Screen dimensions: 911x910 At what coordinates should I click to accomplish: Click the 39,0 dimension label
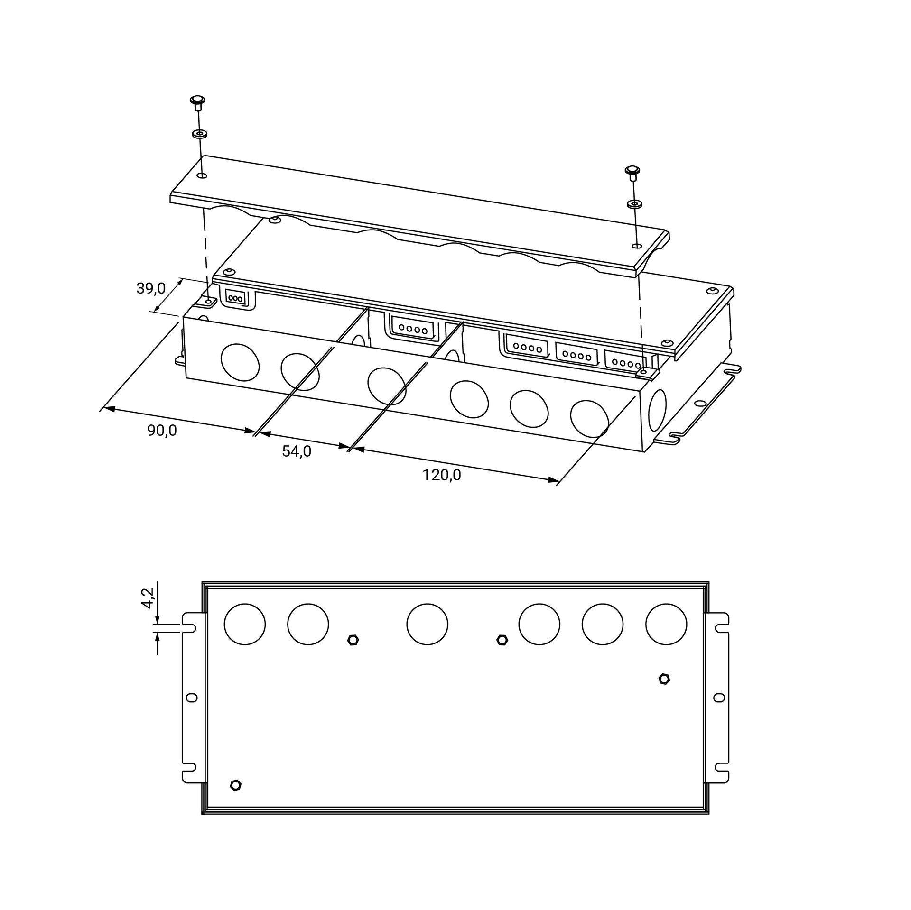151,288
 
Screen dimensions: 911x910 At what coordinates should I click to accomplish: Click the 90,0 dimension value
162,431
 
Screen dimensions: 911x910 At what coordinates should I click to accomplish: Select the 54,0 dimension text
297,451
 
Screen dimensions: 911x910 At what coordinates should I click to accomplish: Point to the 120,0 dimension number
442,475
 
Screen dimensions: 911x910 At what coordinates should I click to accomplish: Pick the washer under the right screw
634,204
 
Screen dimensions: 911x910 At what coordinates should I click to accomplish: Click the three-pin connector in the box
236,298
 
